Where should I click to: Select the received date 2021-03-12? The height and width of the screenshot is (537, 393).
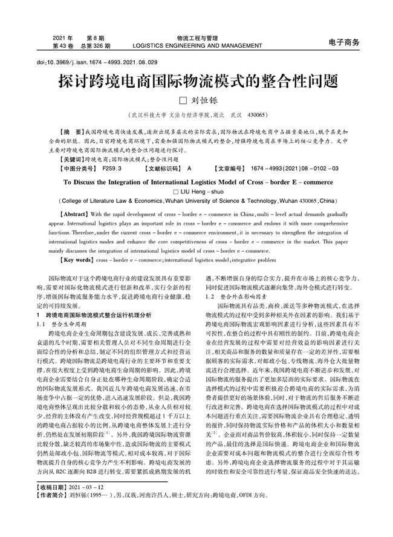tap(89, 502)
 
